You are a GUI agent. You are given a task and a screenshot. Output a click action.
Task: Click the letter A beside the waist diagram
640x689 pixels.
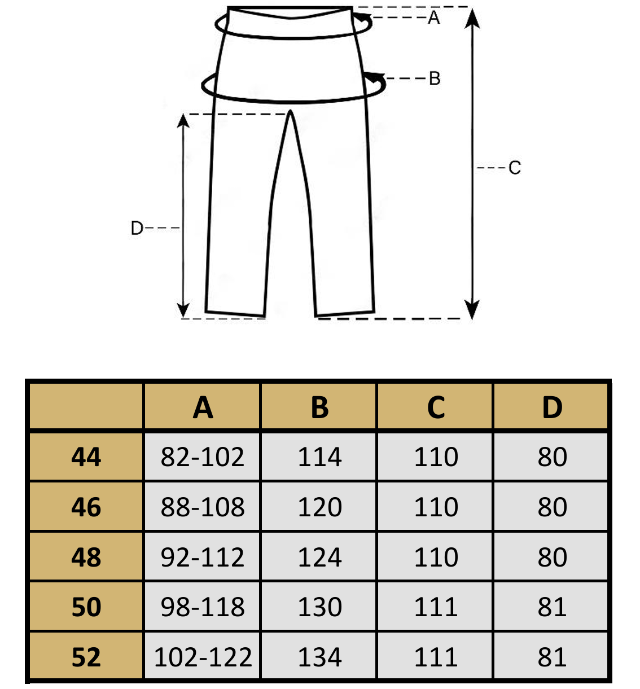coord(434,17)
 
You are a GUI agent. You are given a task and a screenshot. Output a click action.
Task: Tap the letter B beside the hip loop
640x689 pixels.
coord(435,78)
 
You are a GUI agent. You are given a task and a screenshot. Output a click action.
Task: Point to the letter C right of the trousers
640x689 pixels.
coord(515,168)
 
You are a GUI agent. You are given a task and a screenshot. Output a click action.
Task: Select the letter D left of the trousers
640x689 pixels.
coord(137,229)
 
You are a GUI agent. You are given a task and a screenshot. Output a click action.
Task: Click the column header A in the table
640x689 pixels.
coord(203,407)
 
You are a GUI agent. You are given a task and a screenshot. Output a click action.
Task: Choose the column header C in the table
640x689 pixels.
coord(436,407)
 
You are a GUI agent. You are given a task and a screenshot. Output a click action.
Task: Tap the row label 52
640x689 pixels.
coord(86,657)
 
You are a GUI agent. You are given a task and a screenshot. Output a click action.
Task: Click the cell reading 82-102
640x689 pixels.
coord(203,457)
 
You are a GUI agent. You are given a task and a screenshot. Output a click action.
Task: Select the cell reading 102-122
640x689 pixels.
coord(203,657)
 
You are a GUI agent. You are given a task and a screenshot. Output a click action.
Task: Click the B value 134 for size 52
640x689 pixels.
coord(319,657)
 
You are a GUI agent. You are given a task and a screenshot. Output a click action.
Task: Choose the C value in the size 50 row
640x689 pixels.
coord(436,607)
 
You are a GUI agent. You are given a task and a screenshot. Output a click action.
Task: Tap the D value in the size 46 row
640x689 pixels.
coord(552,507)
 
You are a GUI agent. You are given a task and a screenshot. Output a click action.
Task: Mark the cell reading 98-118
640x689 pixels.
coord(203,607)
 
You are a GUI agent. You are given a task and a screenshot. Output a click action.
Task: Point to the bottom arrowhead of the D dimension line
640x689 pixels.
coord(183,309)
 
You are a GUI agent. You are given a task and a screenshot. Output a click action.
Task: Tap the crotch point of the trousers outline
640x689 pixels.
coord(290,112)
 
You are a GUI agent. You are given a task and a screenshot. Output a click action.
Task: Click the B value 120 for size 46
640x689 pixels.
coord(319,507)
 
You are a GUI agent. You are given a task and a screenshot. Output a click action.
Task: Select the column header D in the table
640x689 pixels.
coord(552,407)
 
